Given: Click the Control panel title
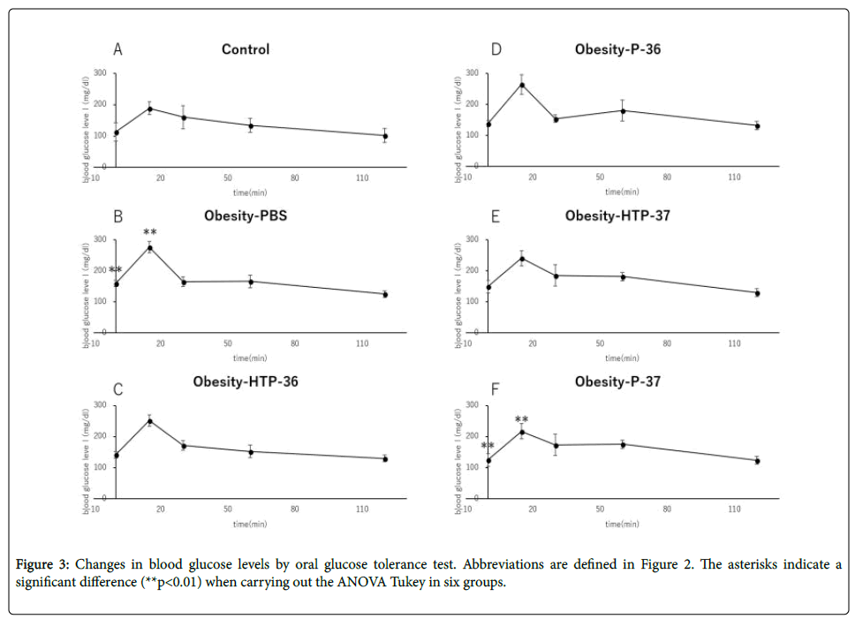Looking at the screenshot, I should point(246,50).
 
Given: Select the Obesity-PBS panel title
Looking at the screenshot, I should point(246,215).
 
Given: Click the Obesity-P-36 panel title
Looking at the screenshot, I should point(617,49).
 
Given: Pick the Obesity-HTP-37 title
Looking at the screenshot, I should point(617,215).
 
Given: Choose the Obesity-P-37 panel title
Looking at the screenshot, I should point(617,381).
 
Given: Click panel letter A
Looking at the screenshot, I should point(117,49).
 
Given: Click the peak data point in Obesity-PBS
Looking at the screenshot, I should point(149,248).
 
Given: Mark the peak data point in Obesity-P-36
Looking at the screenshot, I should point(522,86).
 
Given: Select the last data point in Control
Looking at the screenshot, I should point(385,136).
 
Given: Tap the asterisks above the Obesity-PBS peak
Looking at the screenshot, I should point(150,232).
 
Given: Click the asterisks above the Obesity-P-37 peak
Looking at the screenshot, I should point(521,420).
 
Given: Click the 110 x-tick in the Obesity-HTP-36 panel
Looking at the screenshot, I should point(362,510).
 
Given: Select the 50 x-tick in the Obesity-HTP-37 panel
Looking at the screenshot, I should point(600,343).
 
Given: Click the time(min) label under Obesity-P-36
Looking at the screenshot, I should point(622,192).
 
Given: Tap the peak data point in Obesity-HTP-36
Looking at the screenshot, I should point(149,421).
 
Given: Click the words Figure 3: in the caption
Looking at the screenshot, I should point(44,565).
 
